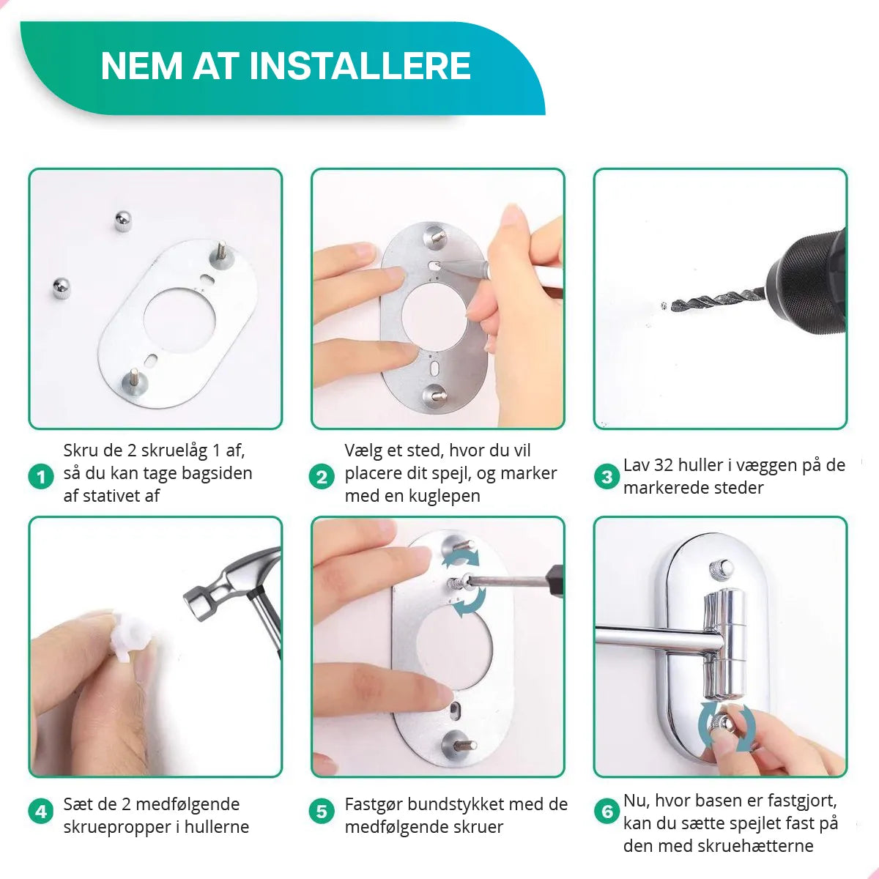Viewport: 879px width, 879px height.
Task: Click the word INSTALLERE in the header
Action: point(360,66)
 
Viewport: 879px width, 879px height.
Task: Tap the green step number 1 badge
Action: point(41,477)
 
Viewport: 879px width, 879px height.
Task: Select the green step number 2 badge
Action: point(322,477)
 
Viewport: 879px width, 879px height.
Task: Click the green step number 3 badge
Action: point(607,477)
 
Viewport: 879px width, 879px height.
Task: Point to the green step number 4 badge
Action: point(41,812)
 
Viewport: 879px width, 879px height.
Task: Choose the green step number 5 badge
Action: point(322,812)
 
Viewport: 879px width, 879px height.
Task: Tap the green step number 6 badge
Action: point(607,812)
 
